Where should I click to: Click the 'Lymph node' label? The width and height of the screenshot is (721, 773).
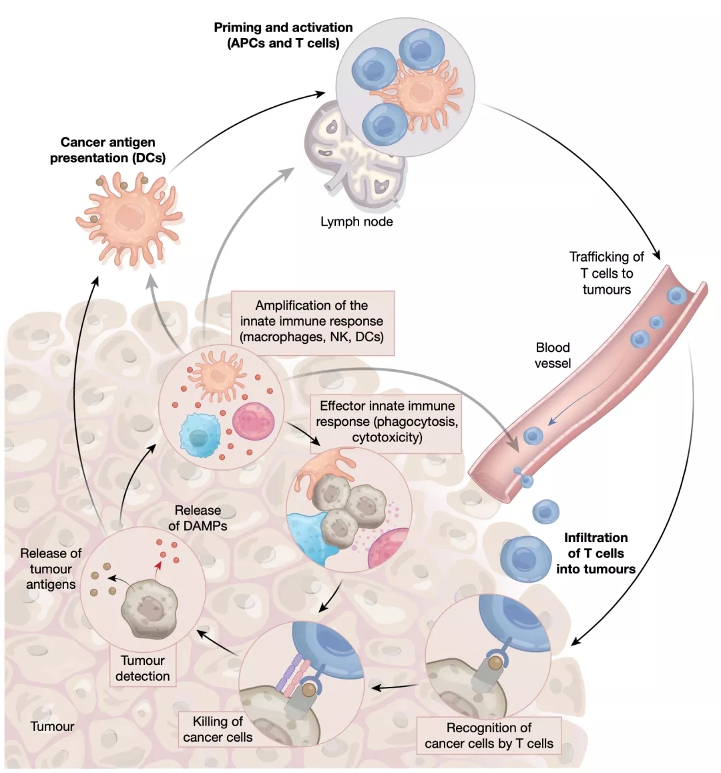point(356,222)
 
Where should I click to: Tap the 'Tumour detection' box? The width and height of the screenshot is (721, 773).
point(142,668)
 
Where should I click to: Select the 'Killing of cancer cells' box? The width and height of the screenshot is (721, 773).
point(218,730)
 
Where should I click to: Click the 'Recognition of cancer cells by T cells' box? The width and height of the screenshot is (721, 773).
point(489,736)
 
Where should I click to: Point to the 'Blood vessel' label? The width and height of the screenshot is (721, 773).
point(553,355)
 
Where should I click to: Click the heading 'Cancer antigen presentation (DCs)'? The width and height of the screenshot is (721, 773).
point(108,150)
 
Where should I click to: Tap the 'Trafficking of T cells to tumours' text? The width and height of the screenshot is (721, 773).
point(606,273)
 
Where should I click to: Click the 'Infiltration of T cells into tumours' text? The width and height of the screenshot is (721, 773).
point(595,553)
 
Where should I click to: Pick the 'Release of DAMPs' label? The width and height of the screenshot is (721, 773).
point(198,518)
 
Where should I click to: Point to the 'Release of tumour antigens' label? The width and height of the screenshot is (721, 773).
point(51,569)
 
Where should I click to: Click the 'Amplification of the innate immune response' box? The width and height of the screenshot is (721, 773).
point(312,321)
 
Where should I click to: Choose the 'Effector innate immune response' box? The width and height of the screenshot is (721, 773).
point(387,422)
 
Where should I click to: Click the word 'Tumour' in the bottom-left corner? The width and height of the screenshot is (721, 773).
point(53,726)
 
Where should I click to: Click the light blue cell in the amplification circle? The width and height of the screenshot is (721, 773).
point(197,434)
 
